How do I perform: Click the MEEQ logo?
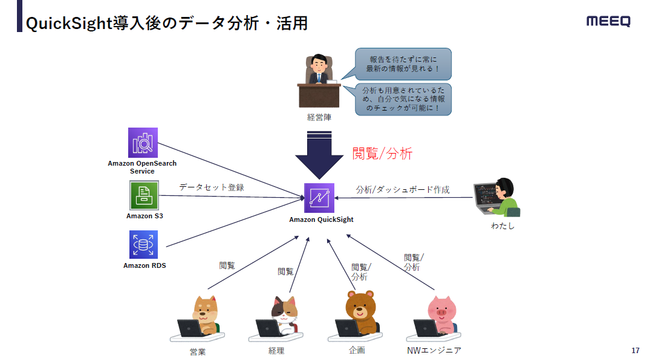608,22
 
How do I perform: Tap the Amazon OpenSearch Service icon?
143,143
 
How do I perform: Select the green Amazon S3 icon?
143,195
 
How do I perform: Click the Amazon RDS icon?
143,245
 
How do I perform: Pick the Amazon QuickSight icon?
319,198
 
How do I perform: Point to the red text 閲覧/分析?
382,154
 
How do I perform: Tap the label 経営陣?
319,117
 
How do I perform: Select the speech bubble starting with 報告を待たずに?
403,64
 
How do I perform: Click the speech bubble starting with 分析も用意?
403,99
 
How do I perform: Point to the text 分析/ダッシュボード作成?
403,190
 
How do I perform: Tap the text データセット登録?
212,187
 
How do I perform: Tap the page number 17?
635,351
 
